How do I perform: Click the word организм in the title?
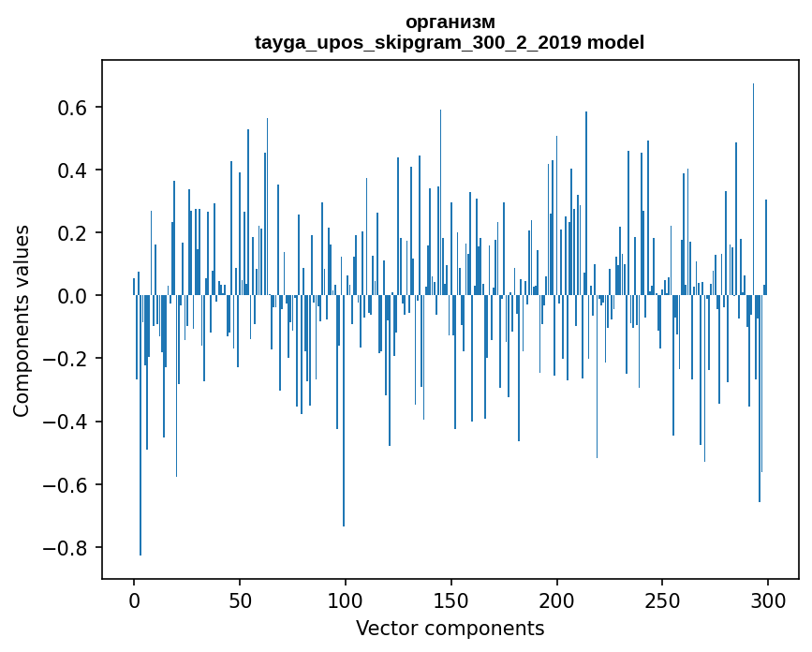[450, 22]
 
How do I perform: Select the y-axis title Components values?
[22, 320]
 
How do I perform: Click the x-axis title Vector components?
[450, 629]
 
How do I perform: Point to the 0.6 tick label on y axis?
[68, 108]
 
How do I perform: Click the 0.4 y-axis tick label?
[68, 170]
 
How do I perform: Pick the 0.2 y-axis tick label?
[68, 233]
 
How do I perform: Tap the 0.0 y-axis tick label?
[68, 296]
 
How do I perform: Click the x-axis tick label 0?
[134, 600]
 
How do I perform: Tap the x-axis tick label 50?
[240, 600]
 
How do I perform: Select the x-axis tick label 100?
[346, 600]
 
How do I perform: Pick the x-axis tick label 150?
[451, 600]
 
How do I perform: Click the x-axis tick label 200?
[557, 600]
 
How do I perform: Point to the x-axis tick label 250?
[662, 600]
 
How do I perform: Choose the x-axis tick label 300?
[768, 600]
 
